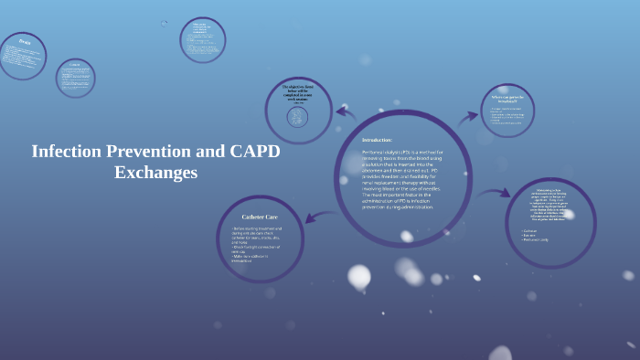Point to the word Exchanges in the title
(x=155, y=172)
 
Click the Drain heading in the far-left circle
(x=24, y=42)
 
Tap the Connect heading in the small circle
(x=75, y=65)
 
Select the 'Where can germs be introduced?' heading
(x=507, y=97)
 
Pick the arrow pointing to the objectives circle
(x=346, y=112)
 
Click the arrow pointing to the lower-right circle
(x=495, y=193)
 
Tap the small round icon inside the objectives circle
(x=297, y=117)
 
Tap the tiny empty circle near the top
(x=165, y=24)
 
